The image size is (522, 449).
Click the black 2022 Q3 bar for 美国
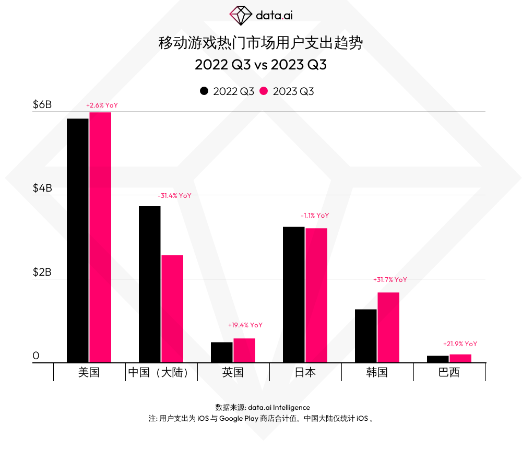pyautogui.click(x=77, y=240)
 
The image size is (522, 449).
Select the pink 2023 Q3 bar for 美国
pyautogui.click(x=100, y=237)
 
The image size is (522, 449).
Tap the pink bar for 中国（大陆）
pyautogui.click(x=172, y=308)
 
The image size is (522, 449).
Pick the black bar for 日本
pyautogui.click(x=293, y=294)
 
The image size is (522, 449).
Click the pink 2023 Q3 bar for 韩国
pyautogui.click(x=388, y=327)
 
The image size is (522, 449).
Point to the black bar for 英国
pyautogui.click(x=221, y=352)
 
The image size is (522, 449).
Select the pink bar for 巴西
pyautogui.click(x=460, y=358)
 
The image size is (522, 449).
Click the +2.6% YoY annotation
pyautogui.click(x=102, y=105)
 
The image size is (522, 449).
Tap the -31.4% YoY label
pyautogui.click(x=174, y=196)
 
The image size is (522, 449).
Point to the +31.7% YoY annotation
pyautogui.click(x=390, y=280)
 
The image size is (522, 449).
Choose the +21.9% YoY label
pyautogui.click(x=460, y=344)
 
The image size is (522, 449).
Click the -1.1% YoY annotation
pyautogui.click(x=315, y=216)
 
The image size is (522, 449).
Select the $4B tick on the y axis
pyautogui.click(x=42, y=188)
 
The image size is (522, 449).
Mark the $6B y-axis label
pyautogui.click(x=42, y=105)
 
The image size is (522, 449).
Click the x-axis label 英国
pyautogui.click(x=233, y=372)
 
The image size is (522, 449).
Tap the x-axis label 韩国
pyautogui.click(x=377, y=372)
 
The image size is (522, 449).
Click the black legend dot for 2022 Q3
pyautogui.click(x=204, y=91)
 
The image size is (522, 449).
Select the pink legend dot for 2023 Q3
pyautogui.click(x=264, y=91)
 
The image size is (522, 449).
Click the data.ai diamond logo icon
pyautogui.click(x=241, y=16)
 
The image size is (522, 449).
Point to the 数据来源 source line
pyautogui.click(x=262, y=407)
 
